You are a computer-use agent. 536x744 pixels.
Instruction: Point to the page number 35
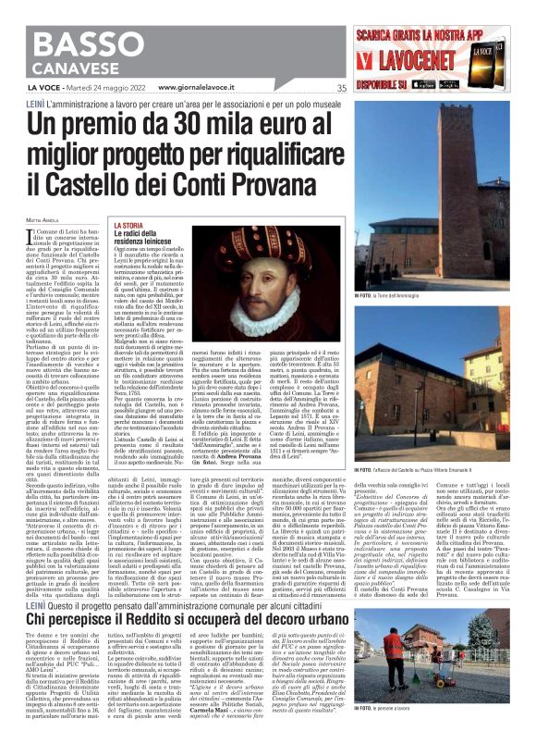point(341,88)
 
